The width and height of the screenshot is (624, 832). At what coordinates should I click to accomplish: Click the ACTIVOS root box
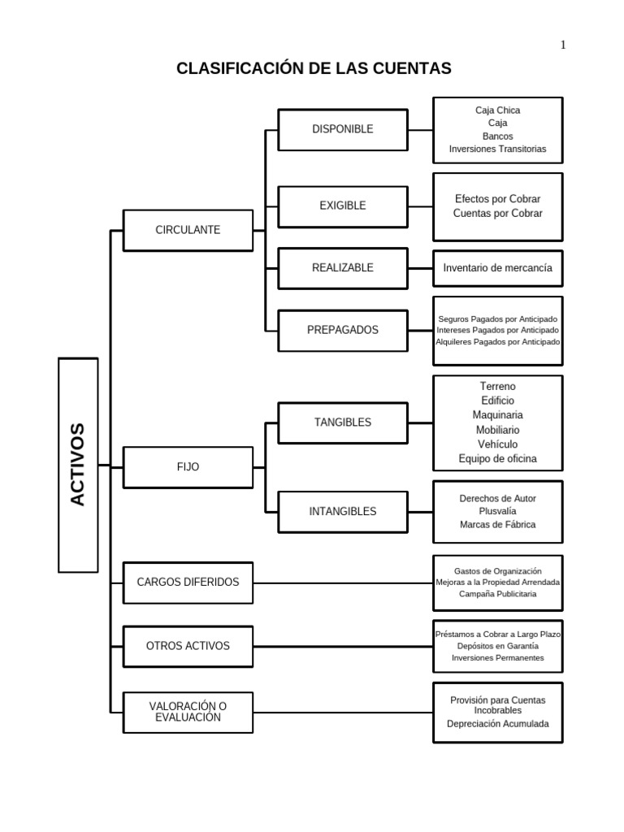[x=78, y=465]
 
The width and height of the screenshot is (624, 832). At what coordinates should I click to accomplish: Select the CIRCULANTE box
[x=188, y=230]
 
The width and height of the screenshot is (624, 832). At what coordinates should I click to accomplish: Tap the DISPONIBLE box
[x=342, y=129]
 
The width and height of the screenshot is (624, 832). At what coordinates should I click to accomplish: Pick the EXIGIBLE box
[x=342, y=206]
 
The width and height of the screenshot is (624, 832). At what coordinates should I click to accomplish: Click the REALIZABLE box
[x=342, y=268]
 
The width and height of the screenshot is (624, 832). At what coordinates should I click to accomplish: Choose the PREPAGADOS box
[x=342, y=330]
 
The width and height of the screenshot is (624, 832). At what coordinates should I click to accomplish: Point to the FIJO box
[x=188, y=467]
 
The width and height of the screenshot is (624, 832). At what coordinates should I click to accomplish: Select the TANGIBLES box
[x=342, y=422]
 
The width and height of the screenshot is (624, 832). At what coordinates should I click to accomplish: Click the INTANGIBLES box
[x=342, y=512]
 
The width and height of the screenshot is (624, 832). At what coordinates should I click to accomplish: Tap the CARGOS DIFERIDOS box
[x=188, y=583]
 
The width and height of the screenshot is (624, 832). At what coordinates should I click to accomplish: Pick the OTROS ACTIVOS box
[x=188, y=646]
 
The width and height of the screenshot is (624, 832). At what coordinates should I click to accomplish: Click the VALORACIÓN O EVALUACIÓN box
[x=188, y=712]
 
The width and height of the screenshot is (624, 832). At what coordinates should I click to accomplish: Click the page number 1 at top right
[x=563, y=45]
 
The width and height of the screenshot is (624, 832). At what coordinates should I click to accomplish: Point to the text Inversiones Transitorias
[x=497, y=149]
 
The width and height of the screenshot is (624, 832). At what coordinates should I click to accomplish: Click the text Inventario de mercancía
[x=497, y=267]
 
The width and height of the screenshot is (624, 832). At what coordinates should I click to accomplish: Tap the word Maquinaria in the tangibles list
[x=497, y=415]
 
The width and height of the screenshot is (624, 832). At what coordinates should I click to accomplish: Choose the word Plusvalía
[x=497, y=512]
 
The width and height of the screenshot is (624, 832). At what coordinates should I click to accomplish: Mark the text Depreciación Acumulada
[x=497, y=723]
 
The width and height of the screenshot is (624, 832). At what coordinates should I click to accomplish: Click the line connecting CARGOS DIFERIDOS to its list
[x=341, y=583]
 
